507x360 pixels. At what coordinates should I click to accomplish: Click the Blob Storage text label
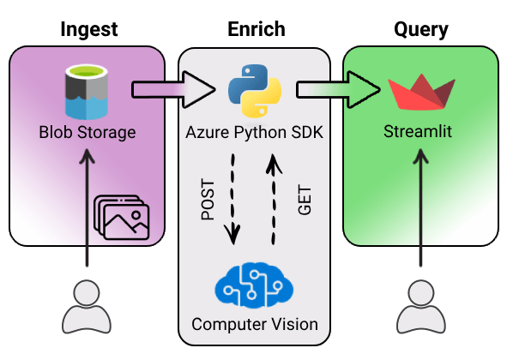(87, 133)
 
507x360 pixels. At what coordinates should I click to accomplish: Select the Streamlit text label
(419, 133)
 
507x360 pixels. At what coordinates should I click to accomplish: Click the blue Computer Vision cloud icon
(254, 285)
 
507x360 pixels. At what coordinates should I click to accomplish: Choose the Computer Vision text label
(254, 324)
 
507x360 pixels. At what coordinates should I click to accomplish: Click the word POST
(208, 200)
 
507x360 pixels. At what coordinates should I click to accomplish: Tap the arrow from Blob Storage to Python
(172, 88)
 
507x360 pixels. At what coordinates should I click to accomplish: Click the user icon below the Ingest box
(87, 306)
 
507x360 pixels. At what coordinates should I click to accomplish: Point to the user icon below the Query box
(419, 306)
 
